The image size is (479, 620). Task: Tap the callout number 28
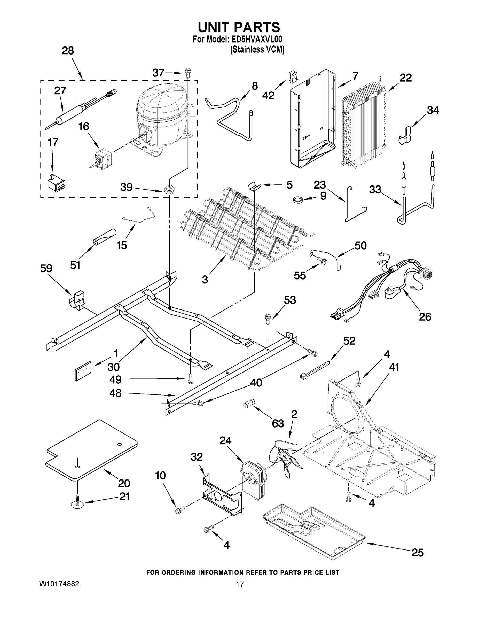tap(68, 51)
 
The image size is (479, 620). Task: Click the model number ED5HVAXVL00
tap(255, 39)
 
